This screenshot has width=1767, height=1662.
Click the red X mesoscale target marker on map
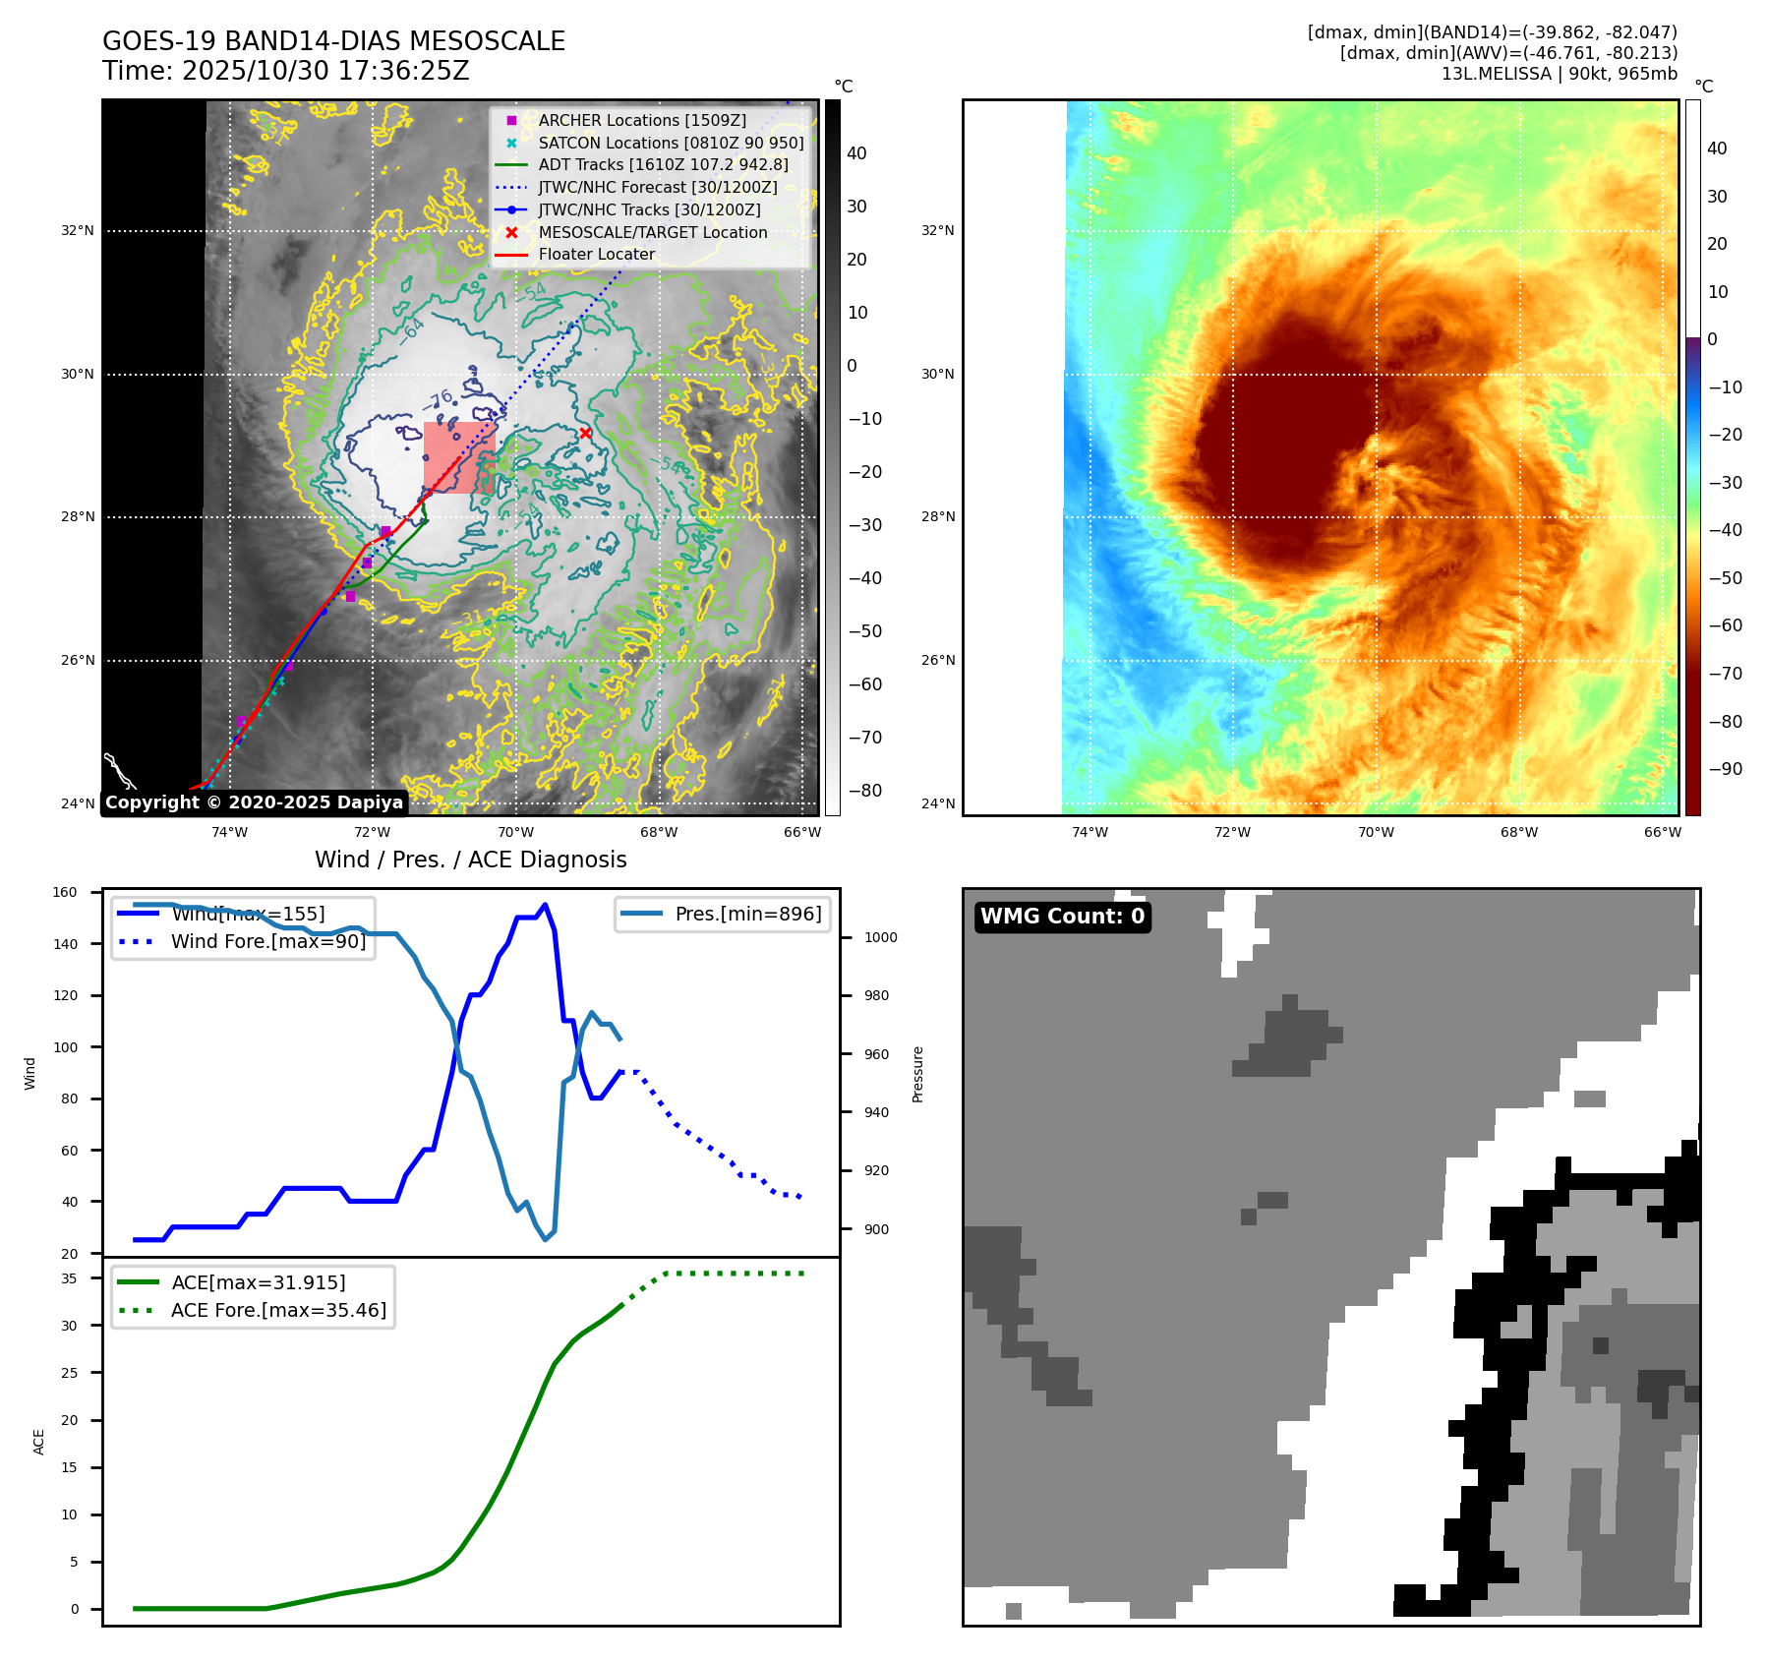(x=585, y=433)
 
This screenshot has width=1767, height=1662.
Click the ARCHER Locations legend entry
(x=641, y=120)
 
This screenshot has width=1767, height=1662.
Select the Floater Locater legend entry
(x=596, y=254)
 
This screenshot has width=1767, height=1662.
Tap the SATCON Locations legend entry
(x=671, y=143)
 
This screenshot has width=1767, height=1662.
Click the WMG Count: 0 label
(x=1062, y=917)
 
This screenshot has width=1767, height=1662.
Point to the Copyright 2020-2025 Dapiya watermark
(x=254, y=802)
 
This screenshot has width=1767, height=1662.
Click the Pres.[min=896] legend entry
(x=747, y=914)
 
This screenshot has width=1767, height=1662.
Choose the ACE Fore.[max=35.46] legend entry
(x=278, y=1310)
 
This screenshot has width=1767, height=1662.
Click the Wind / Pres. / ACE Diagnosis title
(x=470, y=860)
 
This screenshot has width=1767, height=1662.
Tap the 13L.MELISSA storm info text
(x=1559, y=74)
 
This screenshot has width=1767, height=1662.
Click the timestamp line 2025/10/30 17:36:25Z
(x=286, y=72)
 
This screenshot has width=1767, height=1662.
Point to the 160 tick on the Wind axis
(x=65, y=893)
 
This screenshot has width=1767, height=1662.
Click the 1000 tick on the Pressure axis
(x=880, y=937)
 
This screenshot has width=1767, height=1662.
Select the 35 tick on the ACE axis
(x=69, y=1278)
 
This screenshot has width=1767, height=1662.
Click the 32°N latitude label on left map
(x=78, y=231)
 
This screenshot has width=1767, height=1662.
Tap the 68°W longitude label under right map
(x=1518, y=832)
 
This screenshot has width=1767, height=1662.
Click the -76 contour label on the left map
(x=440, y=399)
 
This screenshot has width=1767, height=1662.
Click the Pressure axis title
(x=917, y=1074)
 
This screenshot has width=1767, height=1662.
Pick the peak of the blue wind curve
(x=546, y=905)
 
